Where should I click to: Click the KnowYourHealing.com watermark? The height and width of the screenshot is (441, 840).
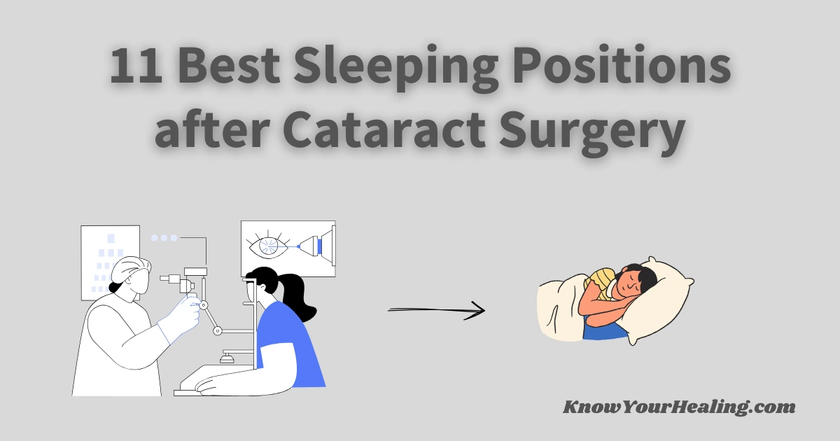pyautogui.click(x=679, y=407)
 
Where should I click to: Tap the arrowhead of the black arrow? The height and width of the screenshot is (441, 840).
pyautogui.click(x=479, y=310)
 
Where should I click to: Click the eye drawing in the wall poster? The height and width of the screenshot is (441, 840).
pyautogui.click(x=267, y=246)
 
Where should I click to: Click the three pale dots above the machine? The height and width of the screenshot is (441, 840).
pyautogui.click(x=164, y=238)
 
